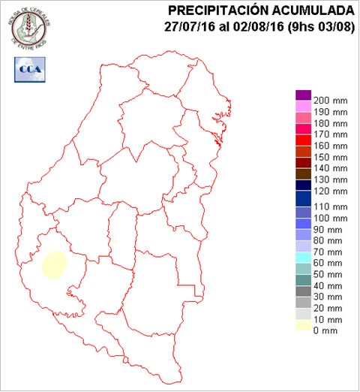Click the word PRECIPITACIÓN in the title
coord(217,11)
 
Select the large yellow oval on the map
coord(55,264)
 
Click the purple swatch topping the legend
coord(303,95)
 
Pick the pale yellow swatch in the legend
coord(303,325)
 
